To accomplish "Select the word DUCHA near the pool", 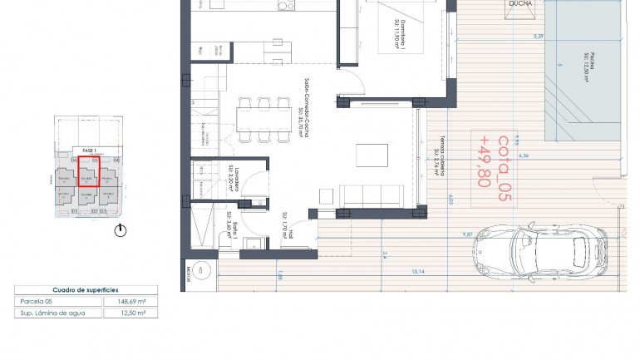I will tap(523, 4).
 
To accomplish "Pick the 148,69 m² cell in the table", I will tap(130, 302).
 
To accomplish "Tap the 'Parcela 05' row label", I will tap(37, 302).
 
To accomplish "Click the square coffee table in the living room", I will tap(368, 155).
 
